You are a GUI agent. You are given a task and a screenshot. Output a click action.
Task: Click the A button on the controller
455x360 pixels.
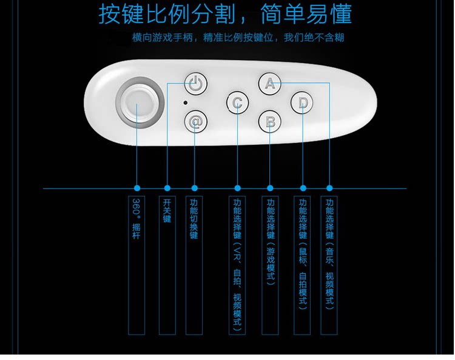click(270, 84)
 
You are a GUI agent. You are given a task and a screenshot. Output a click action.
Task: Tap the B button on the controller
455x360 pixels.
click(270, 121)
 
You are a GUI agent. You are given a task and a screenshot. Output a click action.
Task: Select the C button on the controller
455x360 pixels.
click(237, 102)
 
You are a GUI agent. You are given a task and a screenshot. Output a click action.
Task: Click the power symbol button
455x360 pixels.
click(195, 84)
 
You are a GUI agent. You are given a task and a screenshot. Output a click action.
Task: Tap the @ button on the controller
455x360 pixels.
click(195, 121)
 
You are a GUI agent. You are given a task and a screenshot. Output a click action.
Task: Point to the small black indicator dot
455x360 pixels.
click(186, 102)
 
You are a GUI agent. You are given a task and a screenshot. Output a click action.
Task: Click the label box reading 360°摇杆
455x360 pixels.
click(137, 265)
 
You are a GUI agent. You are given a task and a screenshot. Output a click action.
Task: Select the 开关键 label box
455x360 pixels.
click(167, 265)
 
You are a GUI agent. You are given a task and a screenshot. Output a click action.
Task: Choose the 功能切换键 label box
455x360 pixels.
click(194, 265)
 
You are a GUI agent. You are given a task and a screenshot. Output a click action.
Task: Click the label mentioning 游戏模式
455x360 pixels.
click(270, 265)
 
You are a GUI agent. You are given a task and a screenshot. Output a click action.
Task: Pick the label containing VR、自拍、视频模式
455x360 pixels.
click(237, 265)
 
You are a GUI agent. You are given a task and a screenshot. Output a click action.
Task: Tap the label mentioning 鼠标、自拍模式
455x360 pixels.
click(303, 265)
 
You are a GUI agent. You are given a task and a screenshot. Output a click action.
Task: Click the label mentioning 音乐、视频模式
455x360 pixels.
click(329, 265)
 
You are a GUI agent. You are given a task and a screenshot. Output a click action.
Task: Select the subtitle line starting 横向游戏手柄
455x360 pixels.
click(238, 38)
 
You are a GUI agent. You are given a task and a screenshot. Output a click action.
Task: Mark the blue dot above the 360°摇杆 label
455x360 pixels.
click(137, 188)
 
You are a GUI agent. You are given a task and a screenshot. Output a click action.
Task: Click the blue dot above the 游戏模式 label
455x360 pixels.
click(270, 188)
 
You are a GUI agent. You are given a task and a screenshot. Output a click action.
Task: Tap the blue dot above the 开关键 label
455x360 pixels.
click(167, 188)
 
